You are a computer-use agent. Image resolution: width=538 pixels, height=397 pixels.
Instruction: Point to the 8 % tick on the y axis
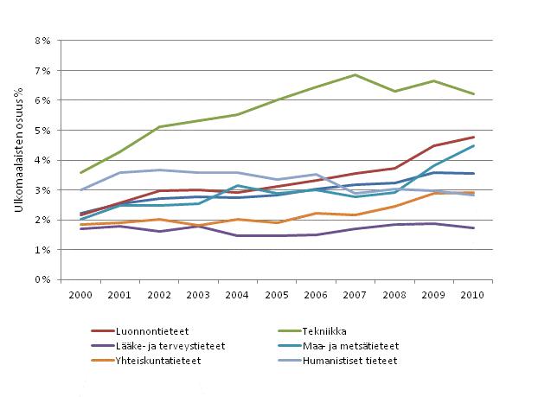pos(44,41)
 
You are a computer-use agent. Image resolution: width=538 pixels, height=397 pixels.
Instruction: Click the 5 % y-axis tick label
pos(44,131)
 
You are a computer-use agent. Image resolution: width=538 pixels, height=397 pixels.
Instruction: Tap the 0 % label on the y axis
pos(44,280)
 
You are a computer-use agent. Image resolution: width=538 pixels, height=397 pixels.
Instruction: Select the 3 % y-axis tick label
pos(44,190)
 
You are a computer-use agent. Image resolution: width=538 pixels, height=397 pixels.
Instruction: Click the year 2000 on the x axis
pos(80,294)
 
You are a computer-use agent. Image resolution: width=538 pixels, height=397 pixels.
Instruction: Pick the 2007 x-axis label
pos(355,294)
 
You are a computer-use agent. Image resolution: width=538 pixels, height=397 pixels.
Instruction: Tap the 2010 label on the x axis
pos(473,294)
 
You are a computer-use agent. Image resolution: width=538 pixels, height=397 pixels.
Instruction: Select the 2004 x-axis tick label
pos(238,294)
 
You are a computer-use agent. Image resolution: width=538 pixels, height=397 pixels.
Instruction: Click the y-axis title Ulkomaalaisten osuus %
pos(18,160)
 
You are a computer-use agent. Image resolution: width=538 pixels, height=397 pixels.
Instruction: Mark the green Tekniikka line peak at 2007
pos(355,74)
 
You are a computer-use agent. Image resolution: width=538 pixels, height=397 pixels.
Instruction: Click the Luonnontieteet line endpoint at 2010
pos(473,137)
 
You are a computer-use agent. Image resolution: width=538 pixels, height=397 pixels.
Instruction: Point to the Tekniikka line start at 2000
pos(80,173)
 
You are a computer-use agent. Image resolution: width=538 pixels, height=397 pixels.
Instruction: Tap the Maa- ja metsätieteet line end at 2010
pos(473,145)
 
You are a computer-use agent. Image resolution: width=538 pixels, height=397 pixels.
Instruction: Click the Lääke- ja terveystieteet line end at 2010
pos(473,228)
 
